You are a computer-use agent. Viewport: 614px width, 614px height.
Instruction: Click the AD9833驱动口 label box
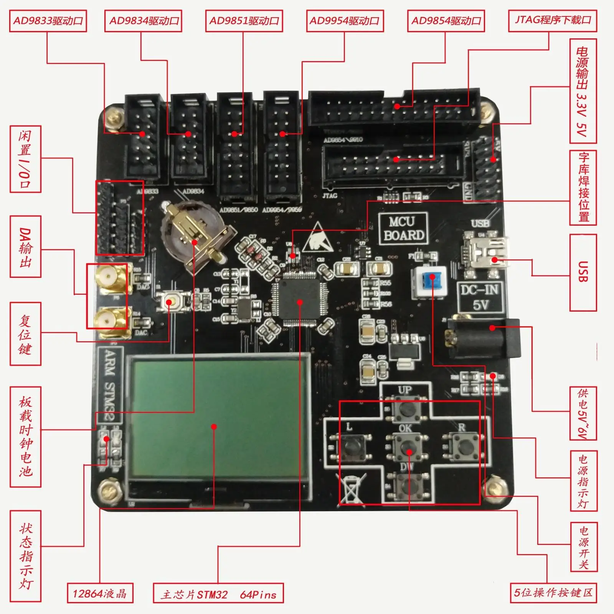pos(48,21)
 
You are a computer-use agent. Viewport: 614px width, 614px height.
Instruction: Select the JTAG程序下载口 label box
pos(553,20)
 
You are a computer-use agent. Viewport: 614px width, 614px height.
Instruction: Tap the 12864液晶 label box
pos(100,594)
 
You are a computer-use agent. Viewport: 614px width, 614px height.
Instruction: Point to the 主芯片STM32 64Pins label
pos(218,594)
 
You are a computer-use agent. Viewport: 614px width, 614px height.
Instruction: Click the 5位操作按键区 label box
pos(553,593)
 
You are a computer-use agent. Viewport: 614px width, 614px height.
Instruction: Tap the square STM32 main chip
pos(300,302)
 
